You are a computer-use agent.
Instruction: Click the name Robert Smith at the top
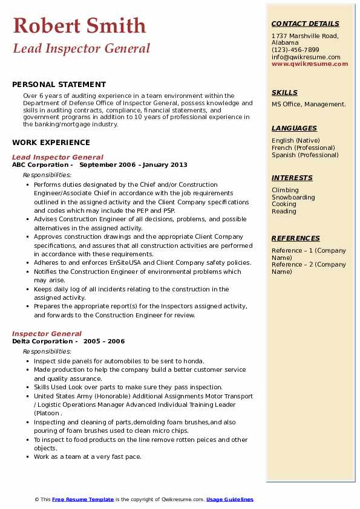pos(79,25)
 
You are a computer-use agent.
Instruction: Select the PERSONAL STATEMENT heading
pos(59,85)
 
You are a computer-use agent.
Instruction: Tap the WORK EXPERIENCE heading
pos(51,143)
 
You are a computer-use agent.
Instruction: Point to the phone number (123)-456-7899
pos(295,50)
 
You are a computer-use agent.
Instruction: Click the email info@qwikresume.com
pos(306,57)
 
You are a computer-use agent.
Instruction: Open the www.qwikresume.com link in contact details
pos(310,64)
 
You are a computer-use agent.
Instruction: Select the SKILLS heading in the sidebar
pos(284,92)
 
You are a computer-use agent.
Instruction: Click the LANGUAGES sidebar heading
pos(294,128)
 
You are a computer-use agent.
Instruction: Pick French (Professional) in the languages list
pos(303,148)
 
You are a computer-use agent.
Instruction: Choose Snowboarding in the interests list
pos(293,197)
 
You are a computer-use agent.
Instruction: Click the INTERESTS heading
pos(292,178)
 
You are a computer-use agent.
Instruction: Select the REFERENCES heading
pos(295,238)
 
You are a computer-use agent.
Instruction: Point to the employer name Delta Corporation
pos(42,341)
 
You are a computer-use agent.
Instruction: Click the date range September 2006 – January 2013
pos(133,164)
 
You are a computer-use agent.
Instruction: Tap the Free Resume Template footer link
pos(83,499)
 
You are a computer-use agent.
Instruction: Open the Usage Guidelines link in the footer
pos(229,499)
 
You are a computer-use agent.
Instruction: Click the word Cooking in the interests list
pos(284,204)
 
